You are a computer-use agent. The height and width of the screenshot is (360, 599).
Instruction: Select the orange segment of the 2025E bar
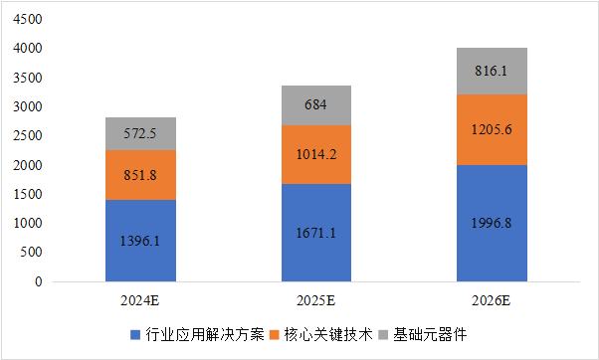tap(316, 154)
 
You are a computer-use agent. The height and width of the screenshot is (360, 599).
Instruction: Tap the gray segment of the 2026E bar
tap(492, 71)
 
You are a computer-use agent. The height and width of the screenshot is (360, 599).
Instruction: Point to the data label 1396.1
tap(140, 242)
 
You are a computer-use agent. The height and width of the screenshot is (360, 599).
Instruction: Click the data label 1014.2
tap(316, 154)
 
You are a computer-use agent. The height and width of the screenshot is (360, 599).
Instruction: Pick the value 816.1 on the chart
tap(492, 72)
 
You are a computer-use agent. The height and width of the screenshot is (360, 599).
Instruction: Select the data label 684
tap(316, 105)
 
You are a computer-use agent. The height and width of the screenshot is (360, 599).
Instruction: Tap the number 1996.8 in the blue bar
tap(492, 223)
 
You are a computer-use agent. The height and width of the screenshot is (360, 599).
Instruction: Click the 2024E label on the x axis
tap(140, 298)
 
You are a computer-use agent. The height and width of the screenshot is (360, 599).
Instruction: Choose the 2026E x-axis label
tap(492, 298)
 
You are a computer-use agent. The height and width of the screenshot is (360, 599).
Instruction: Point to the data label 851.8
tap(140, 175)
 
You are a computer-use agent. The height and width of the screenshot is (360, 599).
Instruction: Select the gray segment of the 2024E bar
tap(140, 133)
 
